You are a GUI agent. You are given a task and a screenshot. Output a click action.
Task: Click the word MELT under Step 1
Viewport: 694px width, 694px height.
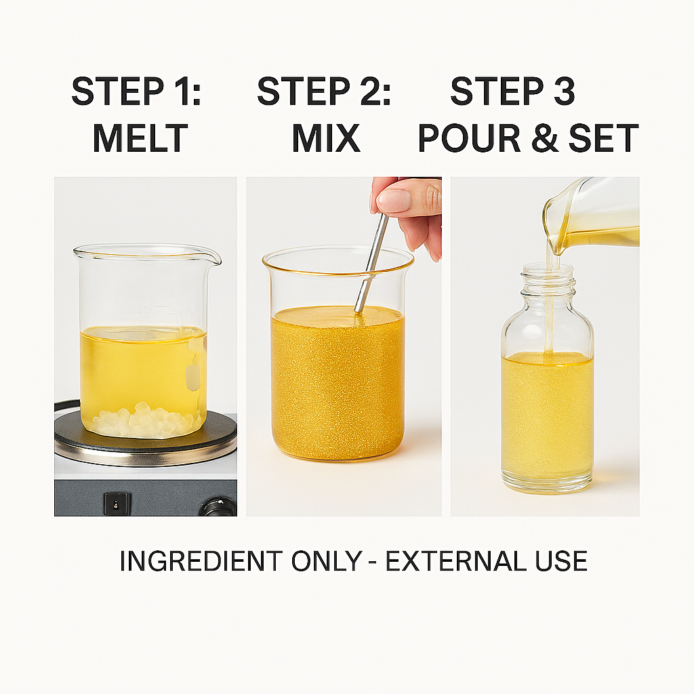140,138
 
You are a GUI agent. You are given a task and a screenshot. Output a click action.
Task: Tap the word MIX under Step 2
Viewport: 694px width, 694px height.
326,138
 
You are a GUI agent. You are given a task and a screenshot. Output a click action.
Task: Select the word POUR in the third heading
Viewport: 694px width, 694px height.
469,138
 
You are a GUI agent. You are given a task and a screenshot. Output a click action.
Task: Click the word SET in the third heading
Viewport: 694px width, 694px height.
604,138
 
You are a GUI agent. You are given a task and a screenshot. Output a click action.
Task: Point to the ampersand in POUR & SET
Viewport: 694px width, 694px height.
545,138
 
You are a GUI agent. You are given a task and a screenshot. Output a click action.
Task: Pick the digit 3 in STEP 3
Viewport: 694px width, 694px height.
565,91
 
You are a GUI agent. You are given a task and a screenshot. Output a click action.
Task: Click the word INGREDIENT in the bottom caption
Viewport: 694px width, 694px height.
201,560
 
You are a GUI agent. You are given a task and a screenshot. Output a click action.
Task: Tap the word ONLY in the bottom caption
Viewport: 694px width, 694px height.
327,560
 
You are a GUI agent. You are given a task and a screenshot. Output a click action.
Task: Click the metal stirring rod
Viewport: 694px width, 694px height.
371,263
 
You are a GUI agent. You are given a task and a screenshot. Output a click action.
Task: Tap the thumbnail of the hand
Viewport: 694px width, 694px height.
394,201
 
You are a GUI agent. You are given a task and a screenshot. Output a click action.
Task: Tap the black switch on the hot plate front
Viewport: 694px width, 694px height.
117,504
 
